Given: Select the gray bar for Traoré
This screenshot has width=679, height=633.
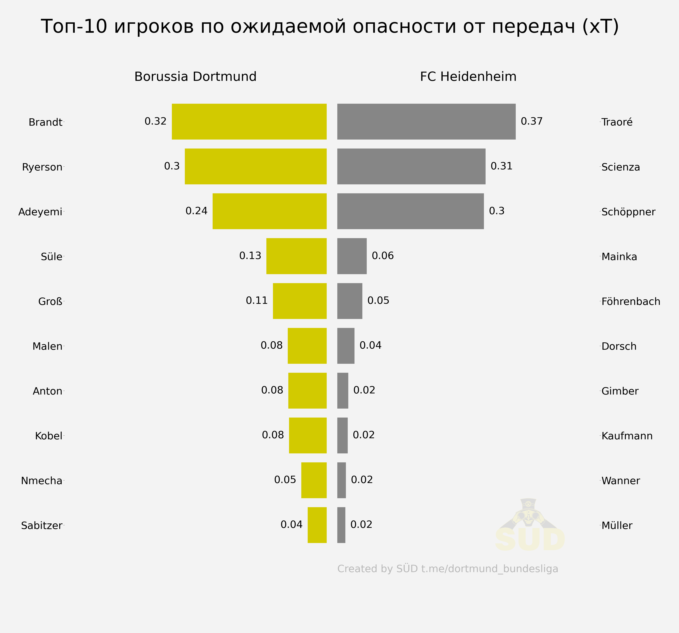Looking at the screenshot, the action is [426, 122].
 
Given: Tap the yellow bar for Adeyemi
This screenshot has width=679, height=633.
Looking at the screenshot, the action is [269, 211].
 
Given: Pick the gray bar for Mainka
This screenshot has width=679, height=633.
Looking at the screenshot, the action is [352, 256].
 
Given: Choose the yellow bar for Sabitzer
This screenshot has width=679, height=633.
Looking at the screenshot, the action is [317, 525].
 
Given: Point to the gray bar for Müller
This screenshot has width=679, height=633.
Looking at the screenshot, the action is [341, 525].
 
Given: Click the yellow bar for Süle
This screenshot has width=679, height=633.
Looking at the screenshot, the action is [297, 256].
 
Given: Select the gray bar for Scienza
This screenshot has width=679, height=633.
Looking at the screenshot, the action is [411, 166].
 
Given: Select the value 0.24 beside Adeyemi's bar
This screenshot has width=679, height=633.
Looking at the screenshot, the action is [196, 211].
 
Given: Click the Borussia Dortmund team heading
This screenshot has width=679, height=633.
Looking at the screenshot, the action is [195, 76].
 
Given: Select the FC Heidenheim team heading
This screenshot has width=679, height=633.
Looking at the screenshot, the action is [468, 76].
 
